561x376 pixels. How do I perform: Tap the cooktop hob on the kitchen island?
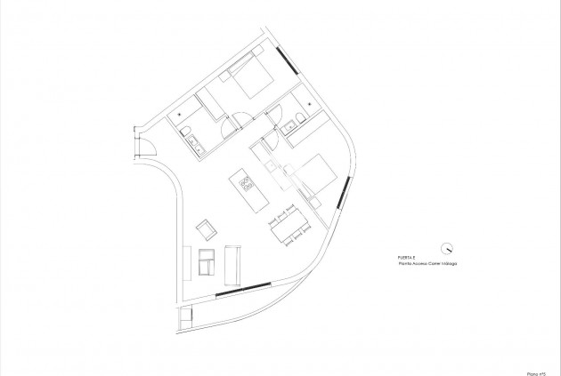[x=247, y=185]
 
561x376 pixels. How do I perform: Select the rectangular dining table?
[x=289, y=225]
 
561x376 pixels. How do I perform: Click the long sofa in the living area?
[x=234, y=263]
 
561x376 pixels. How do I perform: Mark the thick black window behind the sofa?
[x=242, y=289]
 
